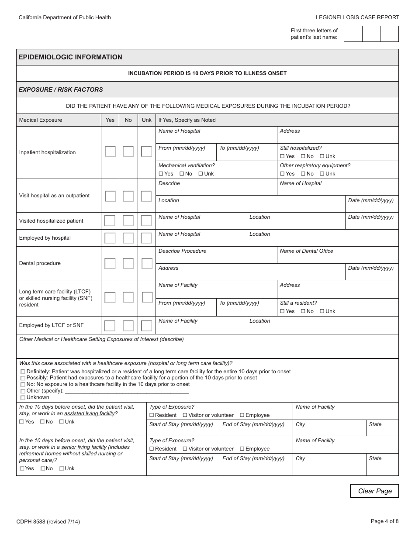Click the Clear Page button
pos(374,491)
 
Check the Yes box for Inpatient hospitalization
pos(110,151)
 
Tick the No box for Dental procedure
pos(128,263)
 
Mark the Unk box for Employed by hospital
pos(147,238)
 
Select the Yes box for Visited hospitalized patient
pos(110,221)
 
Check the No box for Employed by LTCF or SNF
pos(128,326)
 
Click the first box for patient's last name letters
pos(353,34)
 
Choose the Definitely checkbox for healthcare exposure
pos(23,372)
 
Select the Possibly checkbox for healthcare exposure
pos(23,378)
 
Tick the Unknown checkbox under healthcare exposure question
pos(23,398)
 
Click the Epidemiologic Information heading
pos(70,57)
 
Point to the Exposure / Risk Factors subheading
pos(61,89)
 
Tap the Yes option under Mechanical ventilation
pos(161,174)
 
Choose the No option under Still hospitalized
pos(303,156)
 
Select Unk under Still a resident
pos(322,311)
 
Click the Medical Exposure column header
pos(41,120)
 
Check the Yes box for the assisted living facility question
pos(22,422)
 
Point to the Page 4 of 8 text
pos(384,521)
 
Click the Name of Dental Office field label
pos(306,251)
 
